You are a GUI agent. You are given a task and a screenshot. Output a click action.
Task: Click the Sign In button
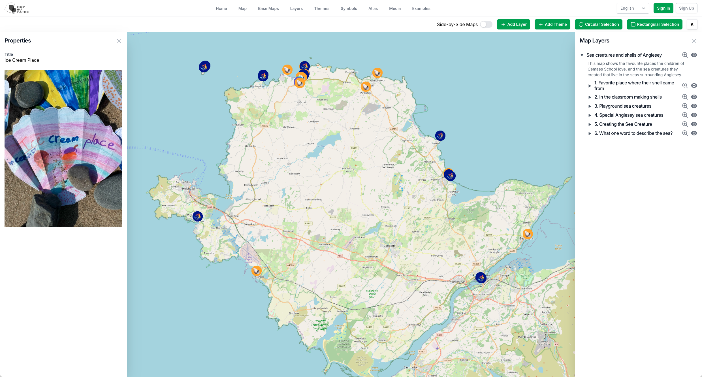pyautogui.click(x=663, y=8)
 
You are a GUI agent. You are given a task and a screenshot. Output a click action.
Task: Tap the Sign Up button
pyautogui.click(x=686, y=8)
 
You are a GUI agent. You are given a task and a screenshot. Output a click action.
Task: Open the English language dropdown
pyautogui.click(x=632, y=8)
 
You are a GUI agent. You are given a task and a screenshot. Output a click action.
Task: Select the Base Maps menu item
pyautogui.click(x=268, y=8)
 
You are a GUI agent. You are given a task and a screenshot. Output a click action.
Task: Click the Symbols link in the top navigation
pyautogui.click(x=349, y=8)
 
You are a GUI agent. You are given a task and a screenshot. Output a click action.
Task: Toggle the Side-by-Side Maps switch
pyautogui.click(x=486, y=24)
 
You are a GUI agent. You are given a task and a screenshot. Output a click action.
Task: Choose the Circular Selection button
pyautogui.click(x=598, y=24)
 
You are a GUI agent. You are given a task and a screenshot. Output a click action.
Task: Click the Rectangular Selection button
pyautogui.click(x=654, y=24)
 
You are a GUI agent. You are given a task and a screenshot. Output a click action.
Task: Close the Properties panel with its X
pyautogui.click(x=119, y=41)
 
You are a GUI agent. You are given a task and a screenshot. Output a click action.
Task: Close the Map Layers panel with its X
pyautogui.click(x=694, y=41)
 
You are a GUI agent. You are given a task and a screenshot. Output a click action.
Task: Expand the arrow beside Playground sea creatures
pyautogui.click(x=590, y=106)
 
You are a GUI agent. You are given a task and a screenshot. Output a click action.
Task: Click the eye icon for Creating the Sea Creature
pyautogui.click(x=694, y=124)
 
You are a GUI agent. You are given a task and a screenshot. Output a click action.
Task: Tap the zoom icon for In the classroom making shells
pyautogui.click(x=685, y=97)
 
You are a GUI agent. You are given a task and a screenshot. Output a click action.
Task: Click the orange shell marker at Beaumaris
pyautogui.click(x=528, y=234)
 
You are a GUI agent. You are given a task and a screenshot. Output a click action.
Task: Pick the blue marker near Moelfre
pyautogui.click(x=440, y=136)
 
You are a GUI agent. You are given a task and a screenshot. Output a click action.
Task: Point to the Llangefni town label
pyautogui.click(x=389, y=246)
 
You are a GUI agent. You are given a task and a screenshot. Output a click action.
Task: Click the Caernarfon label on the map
pyautogui.click(x=411, y=367)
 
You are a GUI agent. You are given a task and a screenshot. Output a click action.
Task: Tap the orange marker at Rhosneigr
pyautogui.click(x=257, y=271)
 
